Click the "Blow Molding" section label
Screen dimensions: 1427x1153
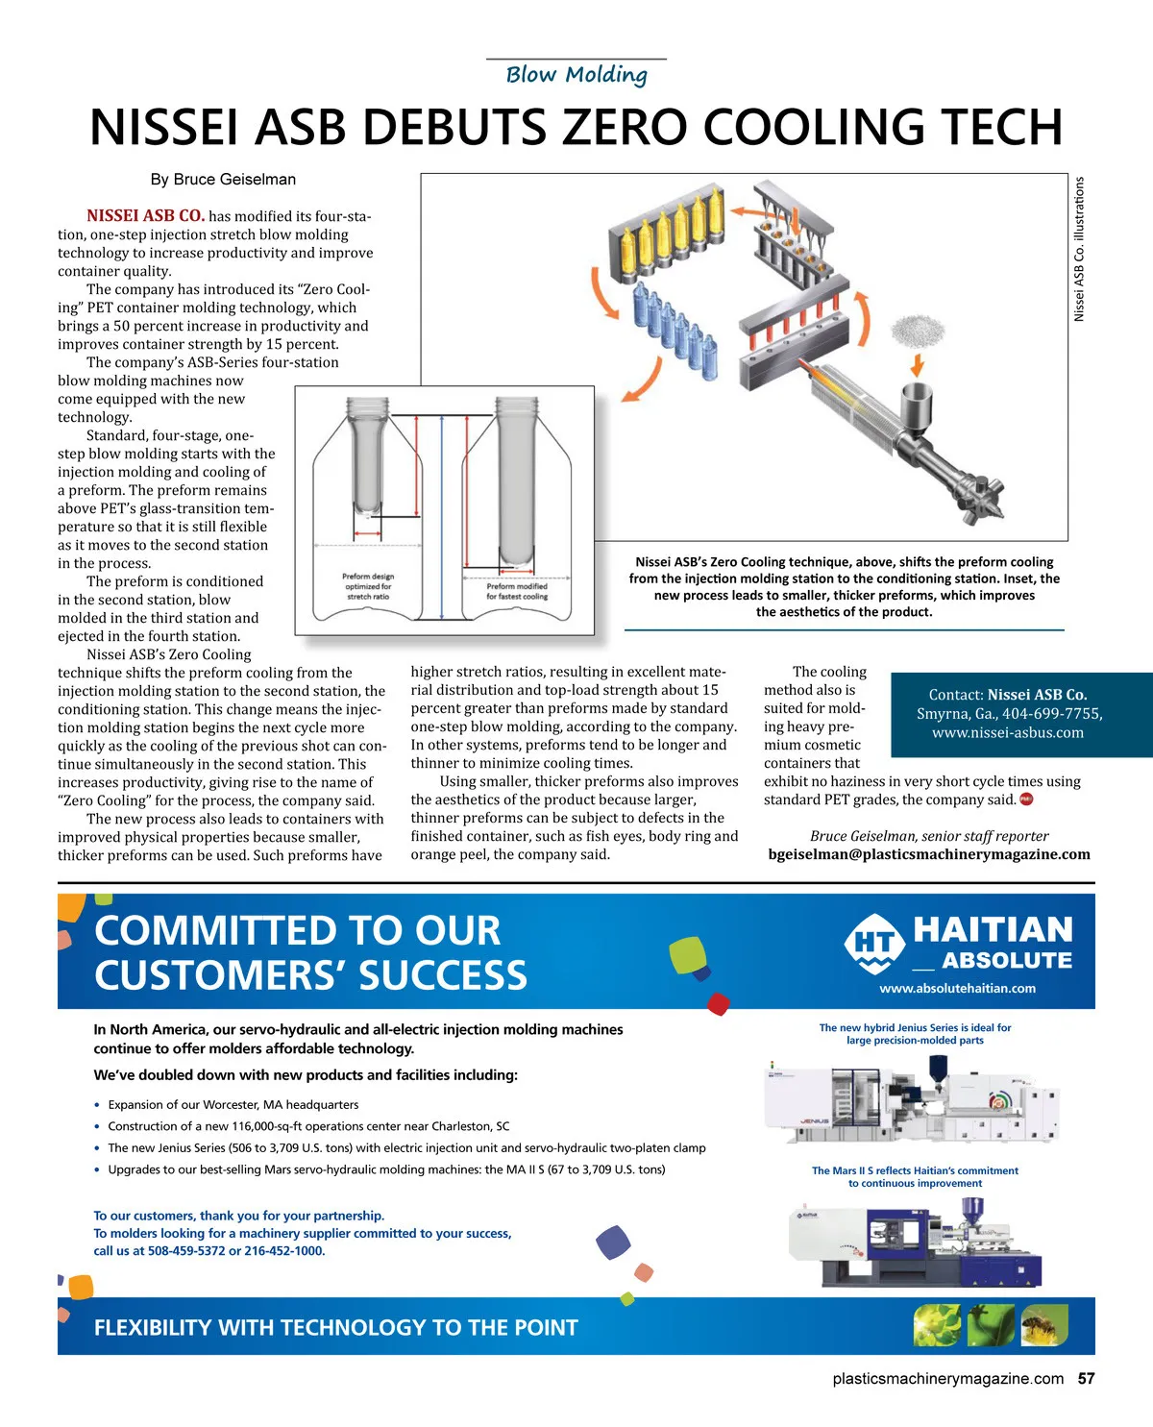576,75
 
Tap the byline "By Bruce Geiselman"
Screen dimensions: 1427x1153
223,180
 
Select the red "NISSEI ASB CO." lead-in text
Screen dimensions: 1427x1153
145,216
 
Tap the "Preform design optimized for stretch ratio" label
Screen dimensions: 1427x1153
368,586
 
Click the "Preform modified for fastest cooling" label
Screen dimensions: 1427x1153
517,591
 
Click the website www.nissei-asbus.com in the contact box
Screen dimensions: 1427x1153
1008,732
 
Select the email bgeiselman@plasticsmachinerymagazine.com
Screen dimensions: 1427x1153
929,854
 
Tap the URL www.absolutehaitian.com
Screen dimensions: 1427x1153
957,988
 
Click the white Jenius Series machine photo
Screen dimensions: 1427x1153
911,1101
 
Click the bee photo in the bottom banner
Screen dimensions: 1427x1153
1044,1325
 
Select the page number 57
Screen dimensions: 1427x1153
1086,1378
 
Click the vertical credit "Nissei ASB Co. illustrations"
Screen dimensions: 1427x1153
1079,249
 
